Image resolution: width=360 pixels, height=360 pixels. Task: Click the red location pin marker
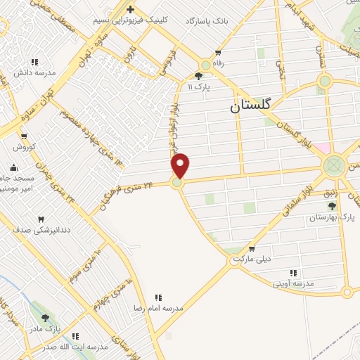click(181, 166)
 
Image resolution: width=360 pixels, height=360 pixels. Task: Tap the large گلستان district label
click(255, 108)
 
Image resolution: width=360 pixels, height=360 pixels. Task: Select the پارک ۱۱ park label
click(200, 86)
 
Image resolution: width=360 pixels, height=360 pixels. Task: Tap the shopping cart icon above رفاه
click(218, 53)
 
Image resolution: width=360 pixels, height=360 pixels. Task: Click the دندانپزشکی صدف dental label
click(41, 230)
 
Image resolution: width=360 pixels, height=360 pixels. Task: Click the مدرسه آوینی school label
click(294, 283)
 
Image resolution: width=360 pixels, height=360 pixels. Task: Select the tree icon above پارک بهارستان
click(332, 206)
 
